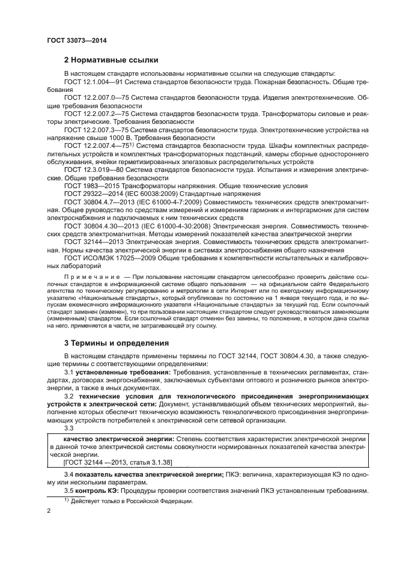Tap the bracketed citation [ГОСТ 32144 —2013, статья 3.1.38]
(112, 463)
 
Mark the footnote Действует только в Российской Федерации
(130, 501)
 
